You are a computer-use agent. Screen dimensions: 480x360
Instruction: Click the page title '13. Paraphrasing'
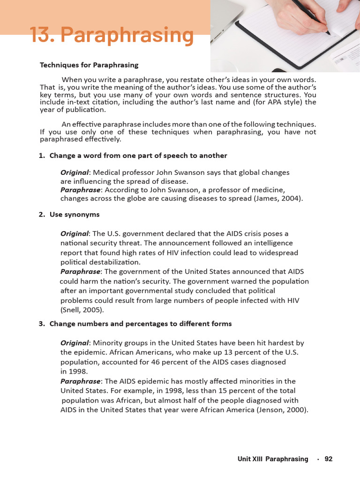[112, 36]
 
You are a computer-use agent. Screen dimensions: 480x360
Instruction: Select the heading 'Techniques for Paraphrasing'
[89, 65]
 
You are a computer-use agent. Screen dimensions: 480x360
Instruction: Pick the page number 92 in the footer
[328, 459]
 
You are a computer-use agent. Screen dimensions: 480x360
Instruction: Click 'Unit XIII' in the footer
[250, 459]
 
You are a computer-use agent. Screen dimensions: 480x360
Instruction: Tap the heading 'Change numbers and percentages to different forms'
[140, 324]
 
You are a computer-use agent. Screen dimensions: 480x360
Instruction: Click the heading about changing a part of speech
[138, 156]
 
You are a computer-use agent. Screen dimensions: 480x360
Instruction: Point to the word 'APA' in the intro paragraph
[273, 102]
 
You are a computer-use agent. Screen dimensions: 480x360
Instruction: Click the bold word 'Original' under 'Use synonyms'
[75, 233]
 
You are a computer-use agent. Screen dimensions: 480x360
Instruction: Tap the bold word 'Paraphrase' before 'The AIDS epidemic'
[80, 381]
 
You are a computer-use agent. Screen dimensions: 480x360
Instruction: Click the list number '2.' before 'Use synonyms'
[42, 214]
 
